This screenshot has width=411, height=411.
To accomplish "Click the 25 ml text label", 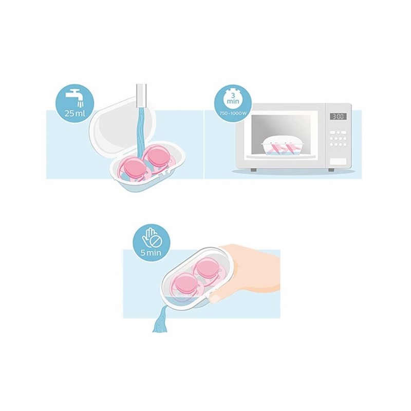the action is click(74, 114).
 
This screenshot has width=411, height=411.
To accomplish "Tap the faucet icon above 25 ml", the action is click(74, 98).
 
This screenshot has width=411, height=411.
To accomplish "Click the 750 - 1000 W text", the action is click(234, 114).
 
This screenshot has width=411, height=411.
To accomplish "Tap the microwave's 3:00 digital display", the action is click(338, 117).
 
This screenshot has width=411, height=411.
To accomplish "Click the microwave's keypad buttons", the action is click(338, 138).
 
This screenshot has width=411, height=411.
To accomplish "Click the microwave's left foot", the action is click(253, 170).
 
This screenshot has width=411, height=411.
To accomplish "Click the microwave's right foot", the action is click(331, 170).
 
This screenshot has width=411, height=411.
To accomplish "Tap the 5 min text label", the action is click(151, 253).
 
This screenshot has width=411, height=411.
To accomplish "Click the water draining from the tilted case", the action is click(160, 319).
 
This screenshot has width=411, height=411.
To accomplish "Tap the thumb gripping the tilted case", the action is click(217, 298).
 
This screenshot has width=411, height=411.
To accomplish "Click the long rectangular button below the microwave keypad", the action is click(338, 161).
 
